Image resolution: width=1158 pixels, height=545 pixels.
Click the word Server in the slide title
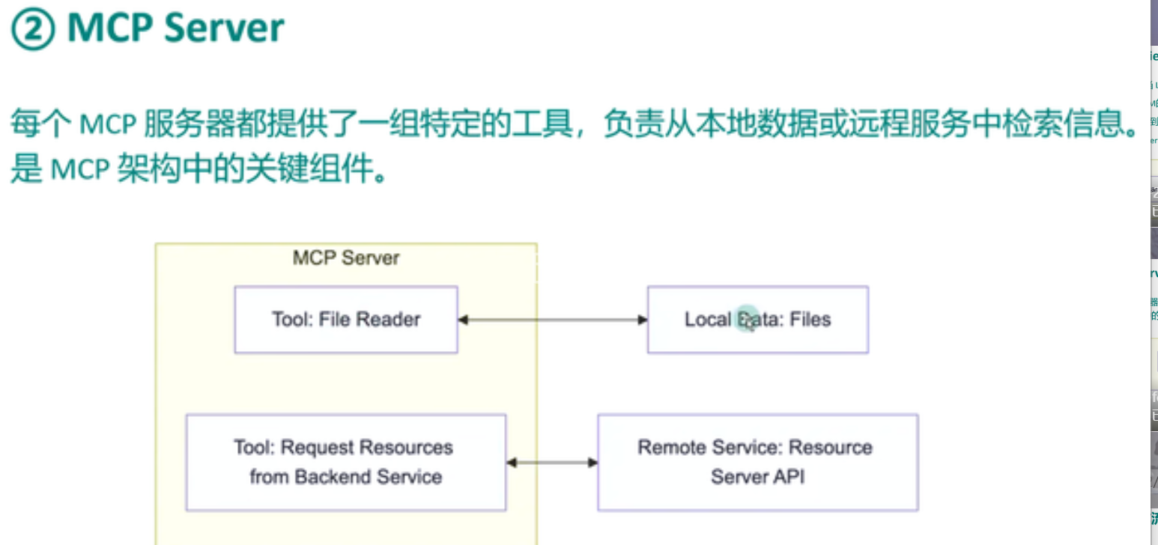click(x=223, y=28)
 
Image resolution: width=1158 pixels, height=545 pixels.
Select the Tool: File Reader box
click(x=345, y=320)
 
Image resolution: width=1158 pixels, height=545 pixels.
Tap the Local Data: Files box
click(x=757, y=320)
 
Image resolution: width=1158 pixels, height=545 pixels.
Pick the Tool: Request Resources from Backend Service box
click(x=345, y=463)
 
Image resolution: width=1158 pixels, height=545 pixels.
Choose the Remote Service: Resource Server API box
click(x=757, y=463)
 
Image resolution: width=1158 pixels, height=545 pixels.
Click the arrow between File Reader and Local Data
click(x=552, y=320)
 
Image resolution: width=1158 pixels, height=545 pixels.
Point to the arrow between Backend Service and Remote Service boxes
click(x=552, y=463)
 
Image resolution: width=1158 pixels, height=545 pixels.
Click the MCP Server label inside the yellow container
click(x=345, y=258)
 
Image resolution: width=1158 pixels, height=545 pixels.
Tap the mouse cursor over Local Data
click(x=746, y=320)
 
